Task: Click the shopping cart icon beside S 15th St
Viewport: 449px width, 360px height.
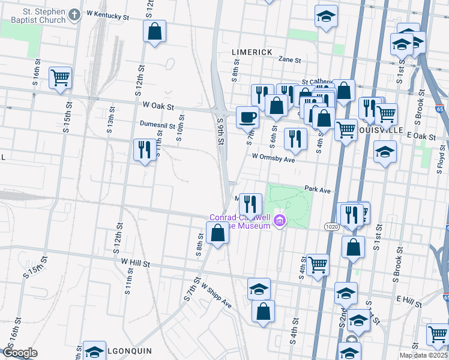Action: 60,77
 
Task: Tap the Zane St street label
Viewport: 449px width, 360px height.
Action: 289,59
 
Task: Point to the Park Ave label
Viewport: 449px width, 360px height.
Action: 318,190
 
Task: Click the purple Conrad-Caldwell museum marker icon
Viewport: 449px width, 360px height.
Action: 280,222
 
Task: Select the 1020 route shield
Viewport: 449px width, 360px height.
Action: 331,227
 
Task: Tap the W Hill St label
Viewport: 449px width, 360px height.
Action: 134,262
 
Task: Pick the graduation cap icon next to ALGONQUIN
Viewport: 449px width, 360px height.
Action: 94,352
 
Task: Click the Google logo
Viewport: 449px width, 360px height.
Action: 20,353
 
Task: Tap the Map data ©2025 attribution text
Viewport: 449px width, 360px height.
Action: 423,355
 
